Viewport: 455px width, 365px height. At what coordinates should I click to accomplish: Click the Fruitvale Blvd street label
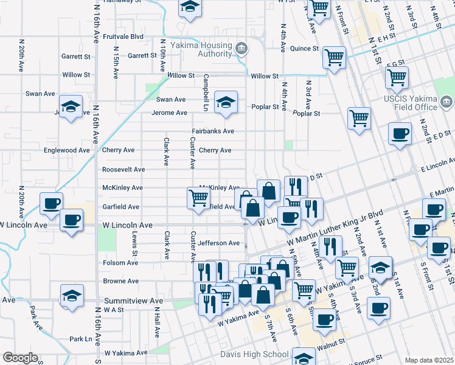pyautogui.click(x=123, y=36)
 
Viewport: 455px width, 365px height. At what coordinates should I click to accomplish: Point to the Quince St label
pyautogui.click(x=304, y=49)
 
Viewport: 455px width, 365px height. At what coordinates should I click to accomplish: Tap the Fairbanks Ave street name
pyautogui.click(x=213, y=131)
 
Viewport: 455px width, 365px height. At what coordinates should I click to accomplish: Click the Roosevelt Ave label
pyautogui.click(x=123, y=169)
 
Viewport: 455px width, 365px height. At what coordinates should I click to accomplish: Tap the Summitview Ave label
pyautogui.click(x=133, y=301)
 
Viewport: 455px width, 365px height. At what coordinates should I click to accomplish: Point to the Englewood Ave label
pyautogui.click(x=67, y=150)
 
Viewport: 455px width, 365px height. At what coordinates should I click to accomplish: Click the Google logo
pyautogui.click(x=19, y=358)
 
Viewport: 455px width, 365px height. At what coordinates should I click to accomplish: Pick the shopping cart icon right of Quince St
pyautogui.click(x=334, y=57)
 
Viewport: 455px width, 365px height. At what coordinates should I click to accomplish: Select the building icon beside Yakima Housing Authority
pyautogui.click(x=241, y=48)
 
